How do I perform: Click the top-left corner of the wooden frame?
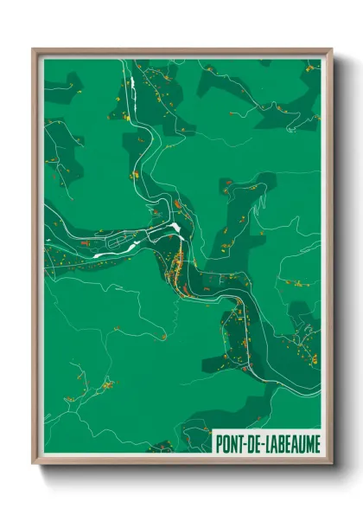tap(34, 49)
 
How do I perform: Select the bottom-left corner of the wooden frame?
tap(34, 462)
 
